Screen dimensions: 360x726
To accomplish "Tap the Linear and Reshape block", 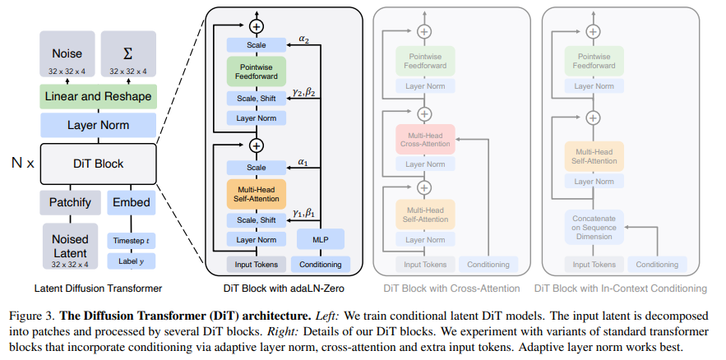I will pyautogui.click(x=97, y=98).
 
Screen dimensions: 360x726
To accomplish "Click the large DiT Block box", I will pyautogui.click(x=97, y=163).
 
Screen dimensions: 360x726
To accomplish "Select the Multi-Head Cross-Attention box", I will pyautogui.click(x=425, y=139).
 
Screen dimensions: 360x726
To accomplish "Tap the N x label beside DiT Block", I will pyautogui.click(x=20, y=163).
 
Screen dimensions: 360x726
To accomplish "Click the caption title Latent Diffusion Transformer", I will pyautogui.click(x=97, y=288).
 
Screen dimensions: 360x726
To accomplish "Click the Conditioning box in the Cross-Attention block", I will pyautogui.click(x=489, y=265).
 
